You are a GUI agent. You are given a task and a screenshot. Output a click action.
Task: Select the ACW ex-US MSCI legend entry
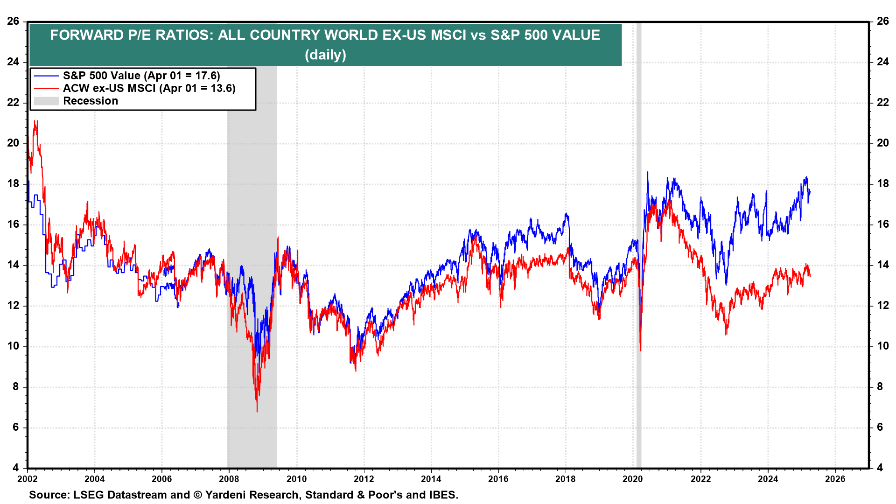point(149,88)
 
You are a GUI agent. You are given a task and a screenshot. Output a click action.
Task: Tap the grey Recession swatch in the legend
point(46,101)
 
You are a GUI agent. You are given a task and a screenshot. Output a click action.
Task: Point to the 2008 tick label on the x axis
point(229,479)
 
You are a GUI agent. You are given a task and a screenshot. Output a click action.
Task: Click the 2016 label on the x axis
point(498,479)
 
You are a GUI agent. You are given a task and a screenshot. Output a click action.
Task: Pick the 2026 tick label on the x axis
point(835,479)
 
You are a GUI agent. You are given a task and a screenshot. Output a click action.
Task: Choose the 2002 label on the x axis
point(28,479)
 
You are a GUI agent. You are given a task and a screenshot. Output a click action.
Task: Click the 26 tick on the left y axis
point(13,21)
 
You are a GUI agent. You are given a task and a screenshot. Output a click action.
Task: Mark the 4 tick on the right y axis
point(880,468)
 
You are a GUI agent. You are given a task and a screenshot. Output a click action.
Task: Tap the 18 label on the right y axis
point(882,183)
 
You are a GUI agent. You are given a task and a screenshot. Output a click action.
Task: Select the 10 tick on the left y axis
point(13,346)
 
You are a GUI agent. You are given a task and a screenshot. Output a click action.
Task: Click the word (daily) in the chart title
point(325,55)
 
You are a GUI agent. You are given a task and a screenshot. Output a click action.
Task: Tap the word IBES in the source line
point(442,495)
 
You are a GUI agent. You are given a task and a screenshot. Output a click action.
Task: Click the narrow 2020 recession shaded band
point(639,233)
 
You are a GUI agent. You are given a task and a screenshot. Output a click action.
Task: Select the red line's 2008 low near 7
point(257,411)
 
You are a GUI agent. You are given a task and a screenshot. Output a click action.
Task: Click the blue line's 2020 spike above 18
point(647,173)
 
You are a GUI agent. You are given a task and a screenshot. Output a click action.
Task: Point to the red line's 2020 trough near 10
point(641,350)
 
